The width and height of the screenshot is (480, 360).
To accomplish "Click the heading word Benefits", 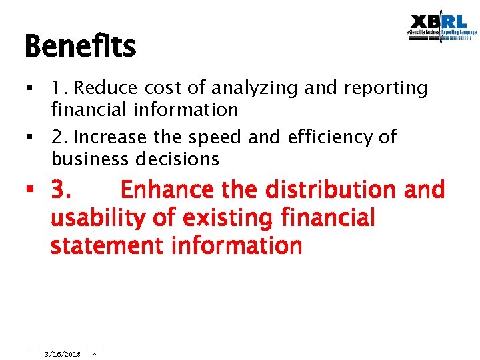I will tap(80, 47).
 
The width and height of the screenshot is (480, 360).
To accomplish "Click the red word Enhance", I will tap(168, 190).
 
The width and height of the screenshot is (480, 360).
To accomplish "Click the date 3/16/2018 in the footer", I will tap(63, 354).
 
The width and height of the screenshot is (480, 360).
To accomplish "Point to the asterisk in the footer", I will tap(95, 354).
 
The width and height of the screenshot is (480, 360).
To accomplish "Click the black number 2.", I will tap(59, 137).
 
